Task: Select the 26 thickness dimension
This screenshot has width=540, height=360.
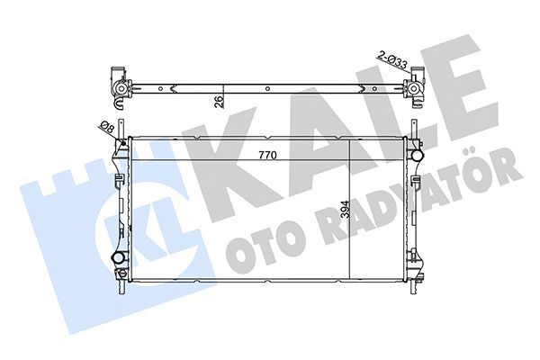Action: (217, 101)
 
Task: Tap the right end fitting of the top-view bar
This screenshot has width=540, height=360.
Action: (416, 85)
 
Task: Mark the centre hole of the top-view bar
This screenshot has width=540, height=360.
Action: (267, 87)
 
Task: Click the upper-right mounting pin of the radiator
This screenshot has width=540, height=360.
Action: (418, 136)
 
